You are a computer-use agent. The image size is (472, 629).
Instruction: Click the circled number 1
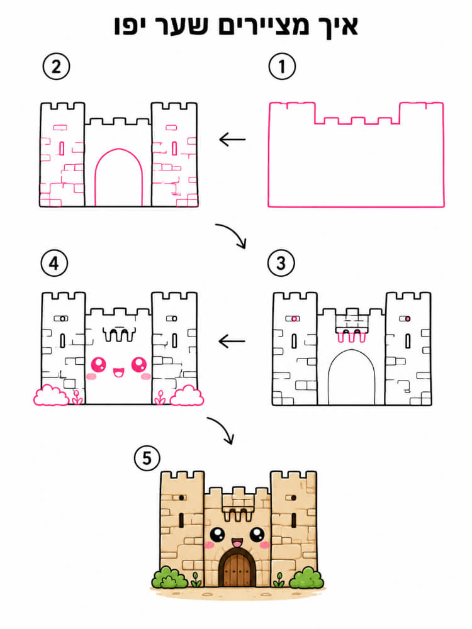(282, 66)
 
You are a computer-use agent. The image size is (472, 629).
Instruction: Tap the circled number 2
(56, 66)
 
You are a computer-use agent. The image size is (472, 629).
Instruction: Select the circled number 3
(281, 263)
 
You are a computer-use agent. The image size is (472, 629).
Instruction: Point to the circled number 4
(54, 263)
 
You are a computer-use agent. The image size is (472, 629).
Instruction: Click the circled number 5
(147, 458)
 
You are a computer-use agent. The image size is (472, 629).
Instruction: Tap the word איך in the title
(335, 26)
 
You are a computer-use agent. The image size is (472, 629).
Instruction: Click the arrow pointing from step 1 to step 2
(232, 140)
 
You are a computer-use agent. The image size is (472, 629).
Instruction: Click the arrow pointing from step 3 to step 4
(232, 342)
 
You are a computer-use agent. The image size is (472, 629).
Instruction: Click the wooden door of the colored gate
(237, 569)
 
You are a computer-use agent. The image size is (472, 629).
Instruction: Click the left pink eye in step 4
(99, 365)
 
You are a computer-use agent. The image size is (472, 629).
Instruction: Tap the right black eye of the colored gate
(257, 534)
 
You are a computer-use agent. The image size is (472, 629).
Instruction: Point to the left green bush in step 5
(169, 577)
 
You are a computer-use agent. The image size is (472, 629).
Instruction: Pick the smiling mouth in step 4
(118, 372)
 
